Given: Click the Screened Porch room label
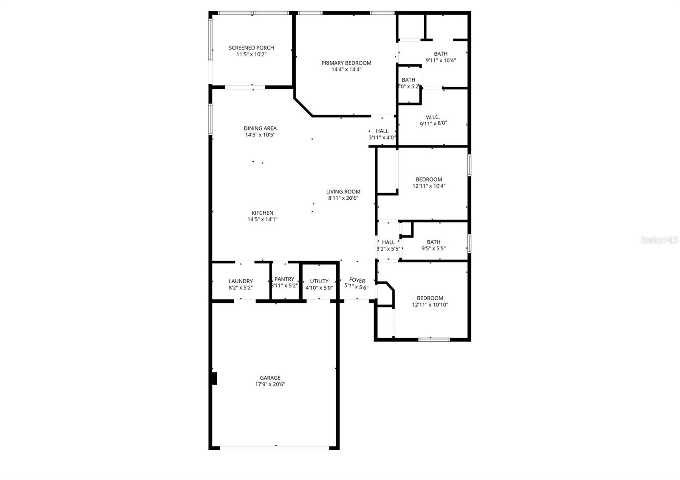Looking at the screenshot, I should point(251,48).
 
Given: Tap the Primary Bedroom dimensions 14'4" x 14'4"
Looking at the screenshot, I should point(346,69).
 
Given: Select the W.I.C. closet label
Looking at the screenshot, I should point(433,117).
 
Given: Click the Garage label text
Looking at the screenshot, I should point(270,378).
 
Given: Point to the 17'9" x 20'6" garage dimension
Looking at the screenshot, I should point(270,384).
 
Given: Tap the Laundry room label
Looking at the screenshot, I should point(241,281).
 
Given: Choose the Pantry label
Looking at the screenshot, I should point(284,279).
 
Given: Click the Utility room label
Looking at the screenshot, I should point(319,281).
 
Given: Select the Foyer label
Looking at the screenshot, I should point(357,280).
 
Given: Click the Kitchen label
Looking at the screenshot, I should point(262,213).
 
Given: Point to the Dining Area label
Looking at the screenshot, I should point(260,128).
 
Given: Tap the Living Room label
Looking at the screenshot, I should point(343,192).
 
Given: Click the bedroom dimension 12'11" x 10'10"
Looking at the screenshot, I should point(430,304).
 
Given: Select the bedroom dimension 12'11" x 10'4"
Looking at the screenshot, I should point(429,186).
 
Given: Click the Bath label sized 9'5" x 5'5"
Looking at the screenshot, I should point(433,242).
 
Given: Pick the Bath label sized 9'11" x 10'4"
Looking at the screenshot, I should point(441,54).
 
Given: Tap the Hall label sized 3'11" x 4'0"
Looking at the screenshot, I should point(382,131).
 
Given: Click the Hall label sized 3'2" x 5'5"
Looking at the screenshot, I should point(388,242).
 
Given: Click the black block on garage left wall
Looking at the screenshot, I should point(214,378).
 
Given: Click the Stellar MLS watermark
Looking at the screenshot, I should point(659,241).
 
